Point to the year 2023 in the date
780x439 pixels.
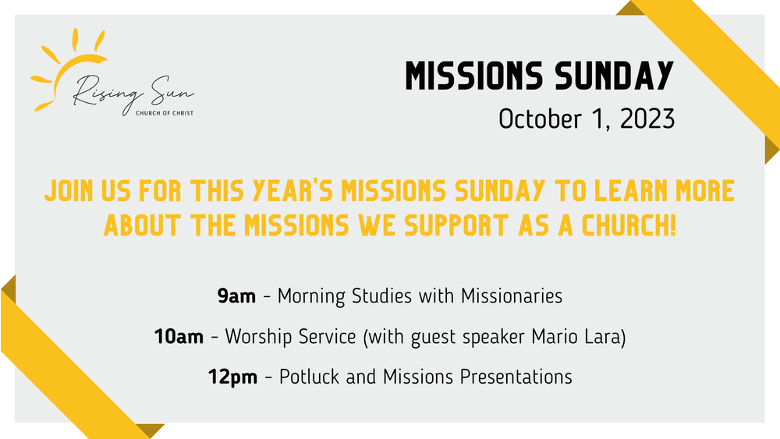click(x=643, y=119)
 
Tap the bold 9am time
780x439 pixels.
click(x=236, y=296)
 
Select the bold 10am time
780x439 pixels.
click(x=179, y=337)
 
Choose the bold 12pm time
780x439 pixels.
click(x=232, y=377)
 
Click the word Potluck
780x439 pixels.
click(x=309, y=377)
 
